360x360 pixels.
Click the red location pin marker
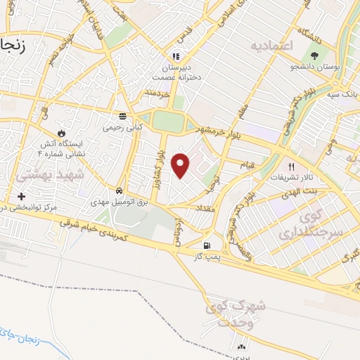tap(181, 165)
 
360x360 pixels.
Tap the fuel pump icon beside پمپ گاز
tap(206, 245)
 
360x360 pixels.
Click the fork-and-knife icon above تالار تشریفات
tap(292, 167)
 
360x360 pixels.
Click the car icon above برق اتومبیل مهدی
tap(120, 191)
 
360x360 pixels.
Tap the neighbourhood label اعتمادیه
tap(270, 45)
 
